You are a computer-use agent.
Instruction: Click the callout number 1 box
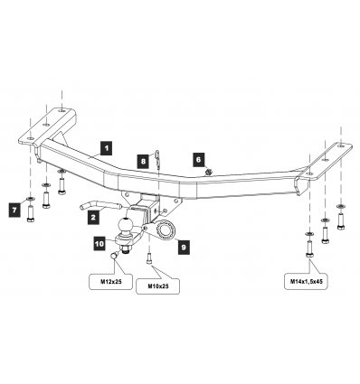click(106, 148)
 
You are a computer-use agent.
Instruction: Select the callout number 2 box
click(93, 217)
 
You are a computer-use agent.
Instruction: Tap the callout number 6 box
click(198, 160)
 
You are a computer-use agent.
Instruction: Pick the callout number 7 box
click(14, 210)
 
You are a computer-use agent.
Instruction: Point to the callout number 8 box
click(143, 161)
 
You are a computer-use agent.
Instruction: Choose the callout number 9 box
click(184, 248)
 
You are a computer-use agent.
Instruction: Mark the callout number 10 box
click(99, 243)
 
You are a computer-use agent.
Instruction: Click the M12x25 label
click(110, 282)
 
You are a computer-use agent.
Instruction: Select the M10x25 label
click(158, 286)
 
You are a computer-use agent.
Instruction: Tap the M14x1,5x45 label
click(306, 282)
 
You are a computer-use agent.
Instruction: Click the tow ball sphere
click(126, 225)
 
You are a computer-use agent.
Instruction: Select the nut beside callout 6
click(208, 173)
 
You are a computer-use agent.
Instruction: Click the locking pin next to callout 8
click(158, 159)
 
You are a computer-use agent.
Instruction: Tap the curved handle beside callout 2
click(100, 207)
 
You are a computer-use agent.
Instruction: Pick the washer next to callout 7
click(30, 199)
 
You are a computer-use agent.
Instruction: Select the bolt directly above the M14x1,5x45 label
click(309, 248)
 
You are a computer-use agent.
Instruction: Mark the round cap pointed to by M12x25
click(114, 256)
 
